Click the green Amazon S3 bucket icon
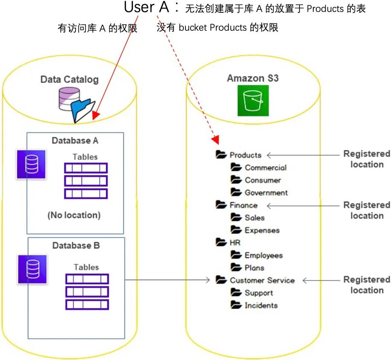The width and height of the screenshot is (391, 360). [253, 101]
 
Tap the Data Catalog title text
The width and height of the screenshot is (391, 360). [69, 79]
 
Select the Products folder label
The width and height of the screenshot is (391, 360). [245, 155]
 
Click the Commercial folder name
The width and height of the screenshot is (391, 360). [265, 168]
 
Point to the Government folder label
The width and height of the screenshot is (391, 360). [266, 193]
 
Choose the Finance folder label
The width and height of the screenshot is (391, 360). [244, 205]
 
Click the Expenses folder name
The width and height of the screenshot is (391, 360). [262, 231]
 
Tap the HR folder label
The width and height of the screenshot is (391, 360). [235, 243]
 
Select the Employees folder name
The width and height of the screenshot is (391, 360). [263, 255]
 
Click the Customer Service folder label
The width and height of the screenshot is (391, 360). [262, 281]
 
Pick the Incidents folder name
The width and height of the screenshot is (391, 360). [261, 305]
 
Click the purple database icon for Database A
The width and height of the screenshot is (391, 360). [32, 164]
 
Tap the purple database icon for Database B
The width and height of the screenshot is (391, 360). [32, 269]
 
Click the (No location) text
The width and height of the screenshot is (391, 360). [74, 215]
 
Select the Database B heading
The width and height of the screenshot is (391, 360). [76, 246]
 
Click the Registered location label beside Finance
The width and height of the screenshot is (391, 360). [367, 211]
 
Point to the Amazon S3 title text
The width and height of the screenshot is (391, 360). [253, 79]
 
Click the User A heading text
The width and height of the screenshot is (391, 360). [147, 7]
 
